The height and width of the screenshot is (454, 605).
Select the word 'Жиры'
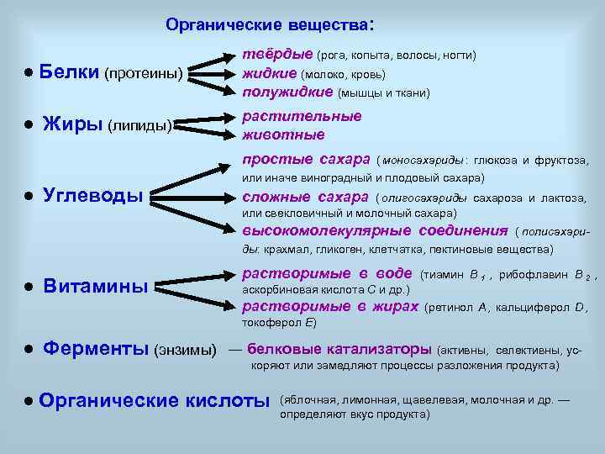[x=72, y=125]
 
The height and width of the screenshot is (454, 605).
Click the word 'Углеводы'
[x=93, y=195]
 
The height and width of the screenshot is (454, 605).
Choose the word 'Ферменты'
[x=97, y=347]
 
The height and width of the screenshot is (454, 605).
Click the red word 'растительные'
[x=302, y=116]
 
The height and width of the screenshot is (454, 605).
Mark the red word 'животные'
[x=283, y=135]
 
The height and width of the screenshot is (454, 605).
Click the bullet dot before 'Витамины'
[x=28, y=287]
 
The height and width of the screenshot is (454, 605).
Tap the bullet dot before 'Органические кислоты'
[x=28, y=401]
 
